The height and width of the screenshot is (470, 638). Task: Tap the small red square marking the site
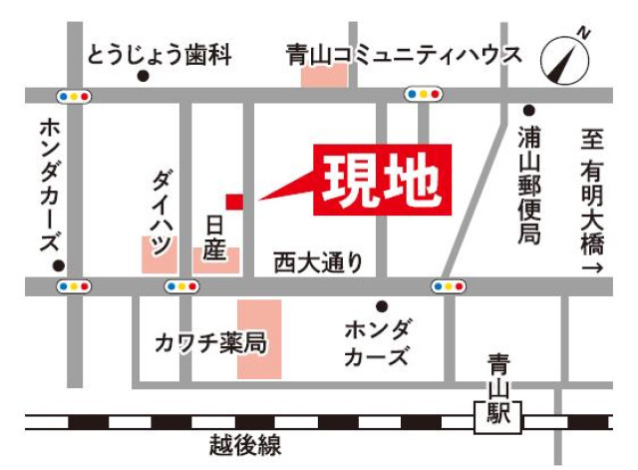(233, 202)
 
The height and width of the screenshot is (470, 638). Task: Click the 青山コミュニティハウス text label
(403, 53)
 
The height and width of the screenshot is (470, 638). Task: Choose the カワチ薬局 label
(210, 342)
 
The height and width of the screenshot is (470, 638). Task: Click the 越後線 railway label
(245, 446)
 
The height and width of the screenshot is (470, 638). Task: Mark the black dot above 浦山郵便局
(528, 110)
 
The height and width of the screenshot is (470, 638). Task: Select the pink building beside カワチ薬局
(259, 339)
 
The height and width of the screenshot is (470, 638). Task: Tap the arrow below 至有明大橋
(592, 269)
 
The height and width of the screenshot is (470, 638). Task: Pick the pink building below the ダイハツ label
(159, 254)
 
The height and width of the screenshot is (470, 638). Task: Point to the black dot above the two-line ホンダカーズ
(381, 305)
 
